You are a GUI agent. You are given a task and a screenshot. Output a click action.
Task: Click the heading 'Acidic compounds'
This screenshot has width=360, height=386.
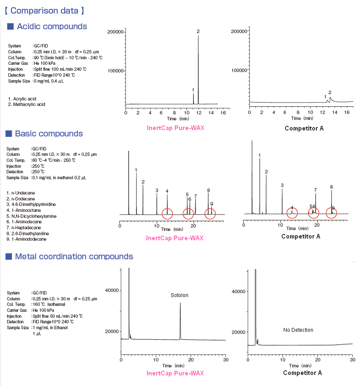pos(52,27)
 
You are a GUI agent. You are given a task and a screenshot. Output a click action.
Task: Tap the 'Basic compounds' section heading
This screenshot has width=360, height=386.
pos(49,134)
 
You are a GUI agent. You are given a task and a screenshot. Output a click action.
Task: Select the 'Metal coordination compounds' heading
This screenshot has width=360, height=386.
pos(74,256)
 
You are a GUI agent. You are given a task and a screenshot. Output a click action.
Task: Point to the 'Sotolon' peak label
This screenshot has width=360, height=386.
pos(179,295)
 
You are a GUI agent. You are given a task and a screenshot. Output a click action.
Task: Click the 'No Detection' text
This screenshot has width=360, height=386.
pos(298,330)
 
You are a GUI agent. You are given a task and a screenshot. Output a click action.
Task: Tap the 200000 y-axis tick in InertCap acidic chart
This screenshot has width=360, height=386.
pos(115,32)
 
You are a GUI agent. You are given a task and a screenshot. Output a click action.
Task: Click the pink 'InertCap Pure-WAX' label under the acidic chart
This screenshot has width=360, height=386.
pos(175,128)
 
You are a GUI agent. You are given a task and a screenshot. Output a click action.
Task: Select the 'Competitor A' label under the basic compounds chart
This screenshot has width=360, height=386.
pos(301,236)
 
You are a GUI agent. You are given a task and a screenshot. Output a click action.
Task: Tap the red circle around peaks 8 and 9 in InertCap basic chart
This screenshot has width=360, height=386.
pos(210,214)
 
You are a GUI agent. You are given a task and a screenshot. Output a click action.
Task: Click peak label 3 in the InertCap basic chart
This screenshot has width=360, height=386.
pos(157,190)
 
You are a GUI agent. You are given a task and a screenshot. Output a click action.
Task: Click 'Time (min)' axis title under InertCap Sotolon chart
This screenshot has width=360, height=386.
pos(173,365)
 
